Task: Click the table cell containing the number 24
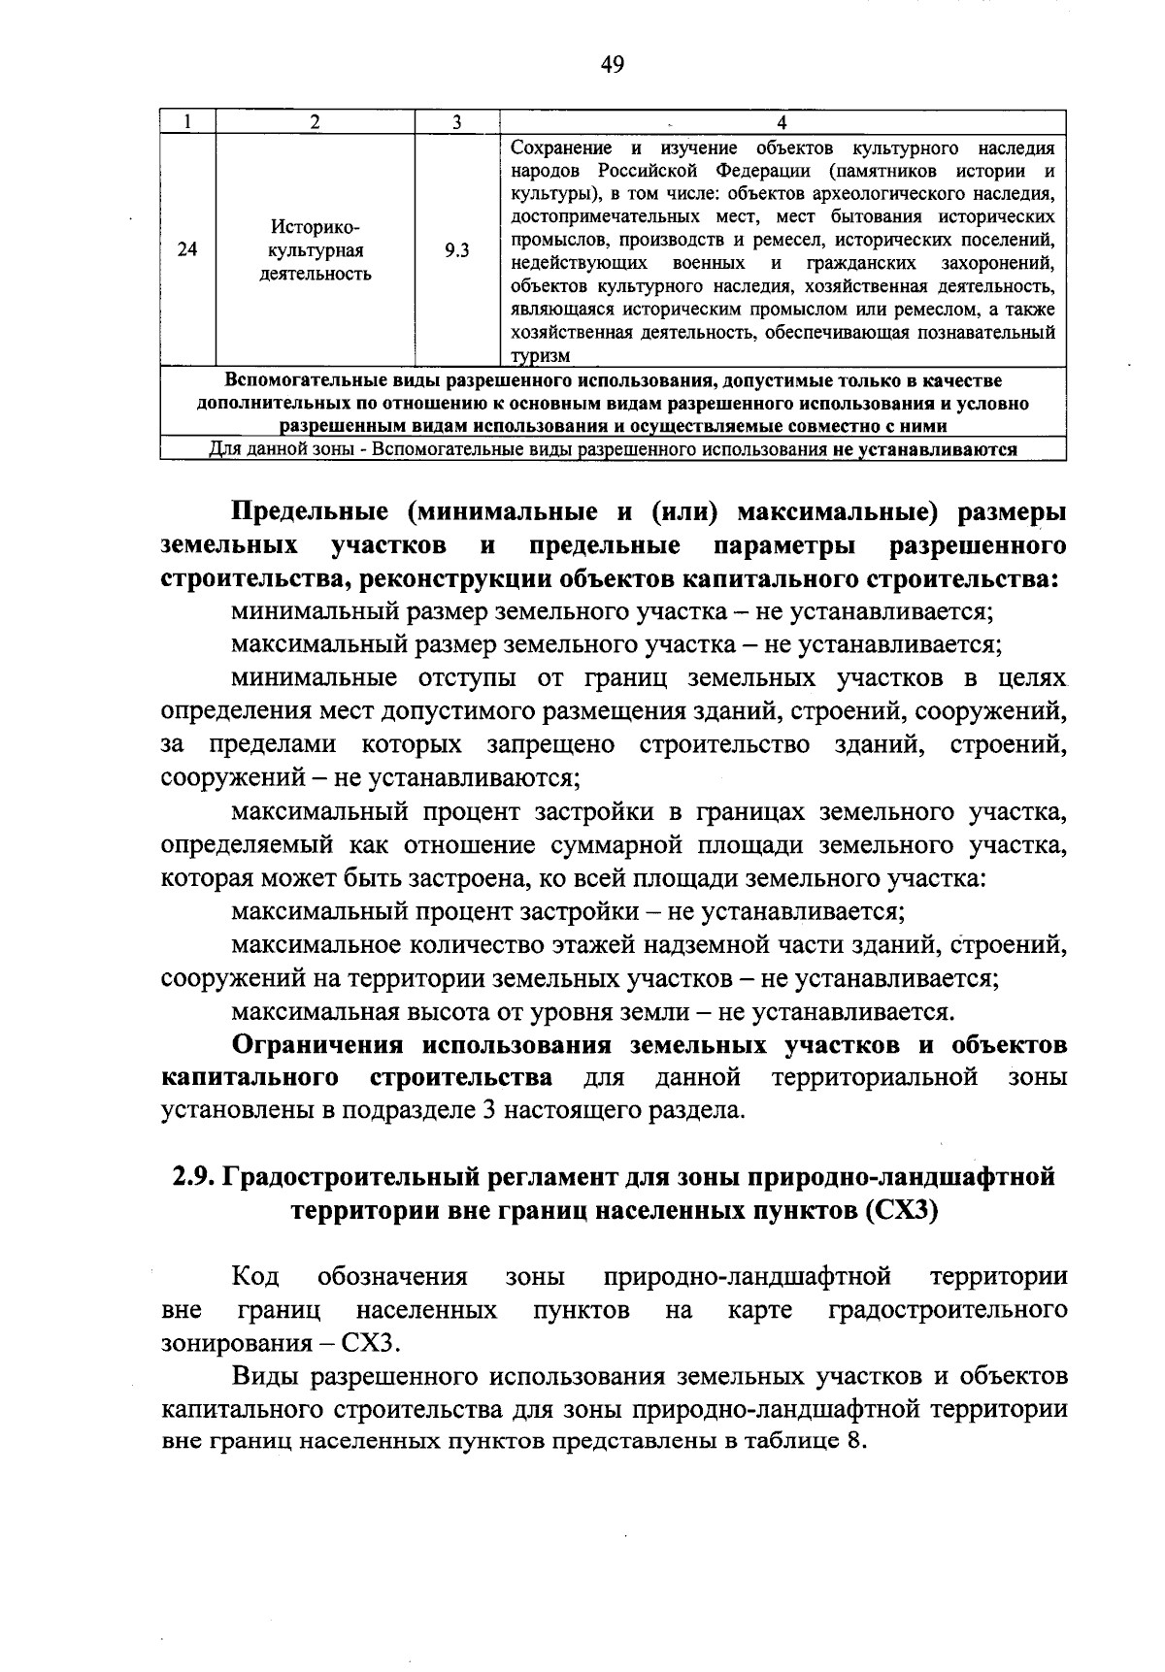coord(188,250)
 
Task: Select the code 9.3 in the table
coord(456,250)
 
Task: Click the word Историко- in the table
coord(315,227)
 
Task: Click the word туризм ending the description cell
coord(541,356)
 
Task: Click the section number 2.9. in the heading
coord(195,1177)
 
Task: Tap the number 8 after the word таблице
coord(853,1440)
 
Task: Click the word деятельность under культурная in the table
coord(315,274)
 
